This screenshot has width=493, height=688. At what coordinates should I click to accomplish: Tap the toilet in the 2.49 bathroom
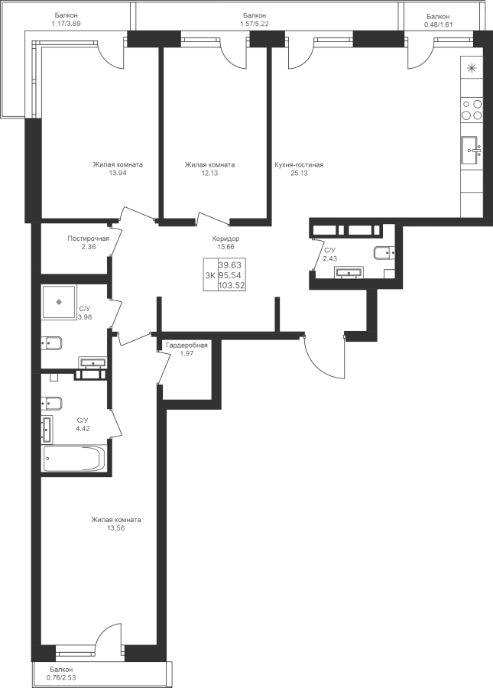pos(382,252)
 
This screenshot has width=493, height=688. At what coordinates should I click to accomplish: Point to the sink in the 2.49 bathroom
pos(353,271)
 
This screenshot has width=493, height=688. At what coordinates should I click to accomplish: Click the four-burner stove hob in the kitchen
pos(472,110)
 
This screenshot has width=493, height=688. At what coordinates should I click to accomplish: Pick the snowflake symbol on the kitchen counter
pos(472,69)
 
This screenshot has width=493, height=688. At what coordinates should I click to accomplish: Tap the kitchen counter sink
pos(471,150)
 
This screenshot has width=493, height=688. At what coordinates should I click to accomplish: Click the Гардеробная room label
pos(186,346)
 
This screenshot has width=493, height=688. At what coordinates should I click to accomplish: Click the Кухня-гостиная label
pos(299,164)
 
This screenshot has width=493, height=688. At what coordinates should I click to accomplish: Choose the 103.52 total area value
pos(230,284)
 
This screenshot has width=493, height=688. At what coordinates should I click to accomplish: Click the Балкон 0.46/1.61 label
pos(438,19)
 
